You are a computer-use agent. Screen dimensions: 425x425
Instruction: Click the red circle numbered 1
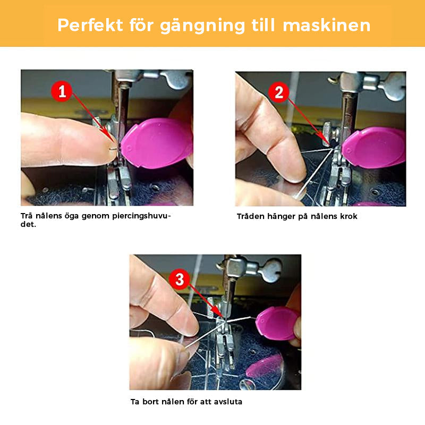click(63, 92)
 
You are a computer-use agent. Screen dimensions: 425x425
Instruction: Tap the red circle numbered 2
click(278, 92)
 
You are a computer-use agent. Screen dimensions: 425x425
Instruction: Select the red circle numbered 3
click(180, 278)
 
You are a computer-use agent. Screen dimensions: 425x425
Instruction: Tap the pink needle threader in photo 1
click(156, 144)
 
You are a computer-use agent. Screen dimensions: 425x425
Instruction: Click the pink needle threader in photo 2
click(375, 147)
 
